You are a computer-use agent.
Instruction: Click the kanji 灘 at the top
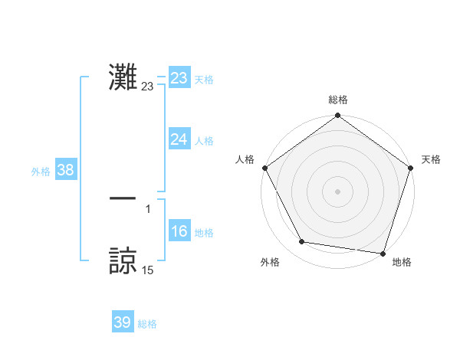[123, 77]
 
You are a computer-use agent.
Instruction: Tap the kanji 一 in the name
[123, 198]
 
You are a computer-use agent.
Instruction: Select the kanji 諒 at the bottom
[123, 260]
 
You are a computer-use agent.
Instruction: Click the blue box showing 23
[179, 78]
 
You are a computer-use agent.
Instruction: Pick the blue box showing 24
[179, 139]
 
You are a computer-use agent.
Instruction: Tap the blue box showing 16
[179, 231]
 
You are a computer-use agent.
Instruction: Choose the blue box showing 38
[65, 170]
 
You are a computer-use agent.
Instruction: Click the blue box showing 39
[122, 322]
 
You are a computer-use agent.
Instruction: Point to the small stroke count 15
[147, 270]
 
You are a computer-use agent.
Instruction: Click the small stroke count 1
[147, 208]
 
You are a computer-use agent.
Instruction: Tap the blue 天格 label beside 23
[204, 80]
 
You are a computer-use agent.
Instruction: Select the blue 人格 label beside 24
[204, 140]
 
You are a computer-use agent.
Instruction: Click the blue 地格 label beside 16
[204, 233]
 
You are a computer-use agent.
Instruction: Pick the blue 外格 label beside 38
[41, 172]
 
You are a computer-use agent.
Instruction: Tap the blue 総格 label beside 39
[147, 324]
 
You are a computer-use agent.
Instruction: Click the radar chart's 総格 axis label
[338, 100]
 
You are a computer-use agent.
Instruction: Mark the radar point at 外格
[302, 242]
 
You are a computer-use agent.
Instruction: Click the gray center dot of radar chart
[338, 191]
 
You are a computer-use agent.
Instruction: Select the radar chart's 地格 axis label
[402, 262]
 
